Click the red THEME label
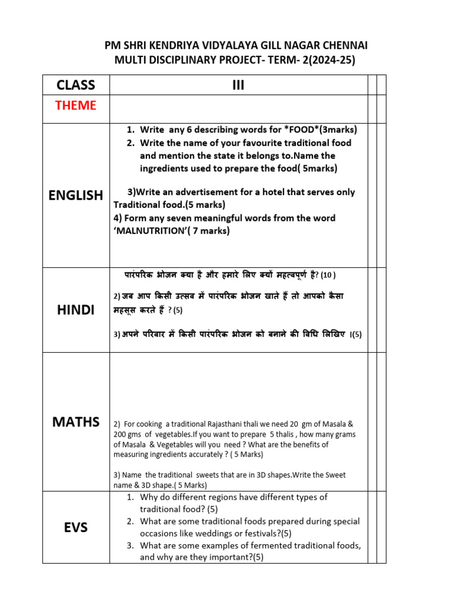pyautogui.click(x=76, y=105)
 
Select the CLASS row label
pyautogui.click(x=76, y=85)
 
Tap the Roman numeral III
pyautogui.click(x=238, y=86)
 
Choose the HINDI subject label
pyautogui.click(x=76, y=311)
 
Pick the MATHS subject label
pyautogui.click(x=76, y=422)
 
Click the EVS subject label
pyautogui.click(x=76, y=527)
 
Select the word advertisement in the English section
pyautogui.click(x=199, y=192)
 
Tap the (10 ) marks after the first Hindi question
pyautogui.click(x=328, y=275)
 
